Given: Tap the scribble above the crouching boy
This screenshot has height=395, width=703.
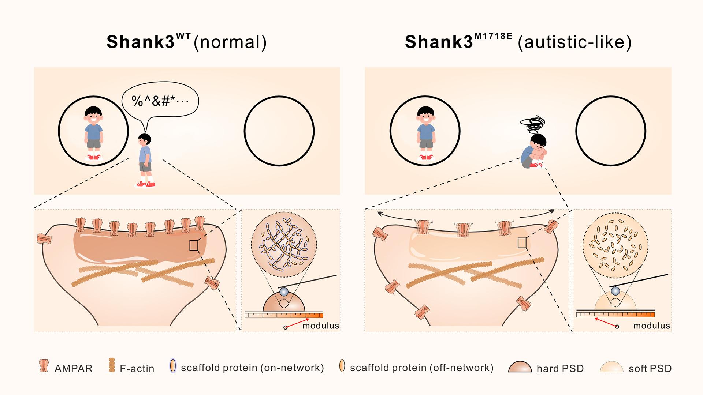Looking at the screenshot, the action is tap(535, 124).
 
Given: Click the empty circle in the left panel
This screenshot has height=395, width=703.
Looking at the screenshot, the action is tap(279, 131).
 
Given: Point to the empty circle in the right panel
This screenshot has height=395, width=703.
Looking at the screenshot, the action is tap(610, 131).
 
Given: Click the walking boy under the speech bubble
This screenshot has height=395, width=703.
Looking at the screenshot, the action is tap(146, 161).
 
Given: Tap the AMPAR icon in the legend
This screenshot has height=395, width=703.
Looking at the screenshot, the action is tap(44, 366).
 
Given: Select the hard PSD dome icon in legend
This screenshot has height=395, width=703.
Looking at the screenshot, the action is tap(520, 367).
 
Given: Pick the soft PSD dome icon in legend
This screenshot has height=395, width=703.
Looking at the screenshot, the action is tap(611, 367).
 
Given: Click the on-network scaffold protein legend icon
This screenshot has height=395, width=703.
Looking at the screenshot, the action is tap(173, 366).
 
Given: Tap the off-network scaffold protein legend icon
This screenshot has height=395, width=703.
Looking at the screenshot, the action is tap(342, 366).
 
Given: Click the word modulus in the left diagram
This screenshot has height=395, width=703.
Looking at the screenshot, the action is tap(321, 326).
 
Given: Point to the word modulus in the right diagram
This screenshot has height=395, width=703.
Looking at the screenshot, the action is tap(651, 326).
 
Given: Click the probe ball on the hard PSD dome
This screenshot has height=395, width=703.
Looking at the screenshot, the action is tap(283, 291).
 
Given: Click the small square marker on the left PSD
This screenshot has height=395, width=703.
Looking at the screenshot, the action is tap(194, 246).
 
